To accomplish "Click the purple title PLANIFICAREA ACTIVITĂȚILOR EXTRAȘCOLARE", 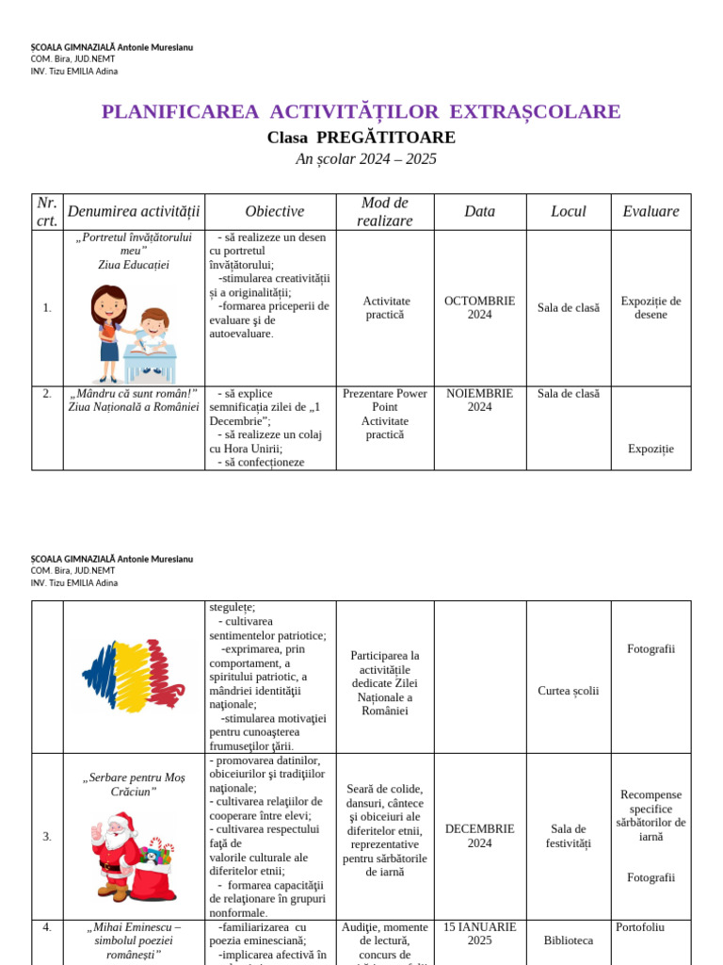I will [x=361, y=112].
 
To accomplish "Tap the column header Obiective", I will [x=274, y=212].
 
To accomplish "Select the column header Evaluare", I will [x=651, y=212].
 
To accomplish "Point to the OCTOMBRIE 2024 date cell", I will [x=479, y=308].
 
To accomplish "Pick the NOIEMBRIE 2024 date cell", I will [x=479, y=401].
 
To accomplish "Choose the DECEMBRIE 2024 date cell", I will [x=479, y=836].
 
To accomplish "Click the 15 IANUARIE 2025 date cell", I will [x=479, y=934].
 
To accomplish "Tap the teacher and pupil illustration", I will [x=133, y=334].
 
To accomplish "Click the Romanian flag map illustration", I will [x=131, y=676].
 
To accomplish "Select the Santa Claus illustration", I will [x=131, y=859].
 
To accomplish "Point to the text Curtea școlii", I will [x=568, y=691].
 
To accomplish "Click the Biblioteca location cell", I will [x=568, y=940].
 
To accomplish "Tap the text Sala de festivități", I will [x=568, y=836].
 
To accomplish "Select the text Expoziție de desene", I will [x=651, y=308].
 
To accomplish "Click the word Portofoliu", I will [x=640, y=927].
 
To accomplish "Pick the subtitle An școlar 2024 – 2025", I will [x=366, y=159].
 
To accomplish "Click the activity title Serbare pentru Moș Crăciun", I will [x=134, y=784].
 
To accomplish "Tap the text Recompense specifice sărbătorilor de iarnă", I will [x=651, y=815].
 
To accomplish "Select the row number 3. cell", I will [x=47, y=836].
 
